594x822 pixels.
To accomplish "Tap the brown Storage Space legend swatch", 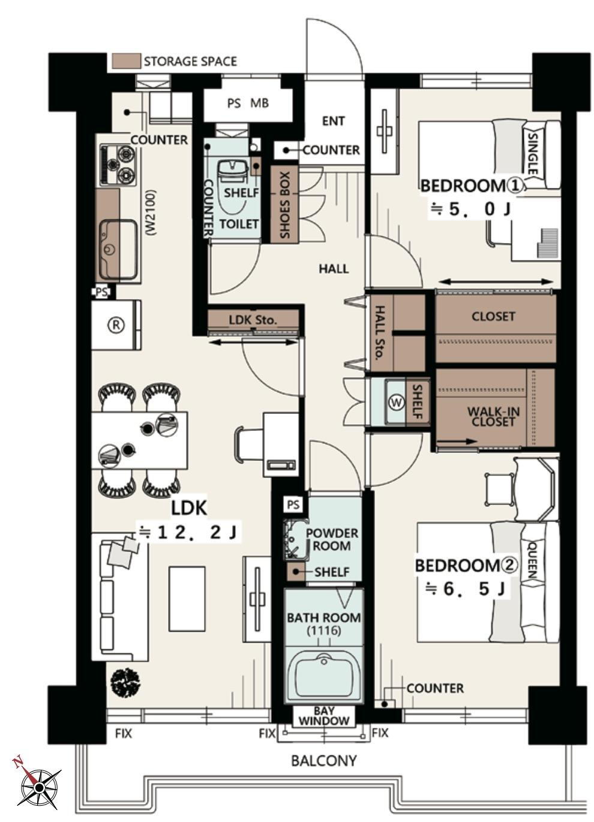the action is coord(126,61).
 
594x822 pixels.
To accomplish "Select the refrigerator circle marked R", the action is coord(116,325).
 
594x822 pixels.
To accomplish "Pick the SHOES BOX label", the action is coord(285,205).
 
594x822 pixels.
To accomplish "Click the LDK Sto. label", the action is coord(253,320).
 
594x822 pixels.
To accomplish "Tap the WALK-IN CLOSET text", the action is coord(493,416).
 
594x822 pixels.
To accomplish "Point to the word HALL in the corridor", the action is coord(334,269).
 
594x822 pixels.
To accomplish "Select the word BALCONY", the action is coord(324,761).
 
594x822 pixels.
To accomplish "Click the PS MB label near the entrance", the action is coord(248,103).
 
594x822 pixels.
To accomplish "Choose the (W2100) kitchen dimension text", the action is coord(151,212).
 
